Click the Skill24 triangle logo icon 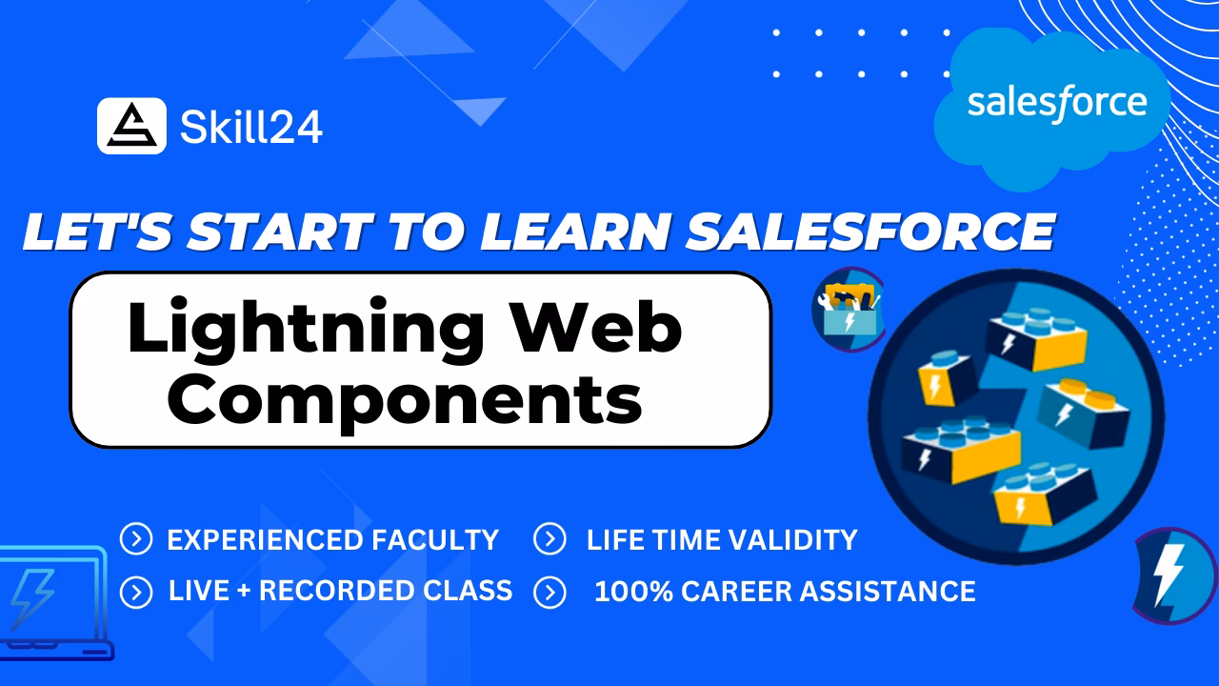(131, 126)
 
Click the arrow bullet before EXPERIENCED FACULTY (136, 540)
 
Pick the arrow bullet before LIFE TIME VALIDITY (550, 540)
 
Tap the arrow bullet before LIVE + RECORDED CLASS (136, 592)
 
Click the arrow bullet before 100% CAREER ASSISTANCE (550, 592)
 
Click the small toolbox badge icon (847, 309)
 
